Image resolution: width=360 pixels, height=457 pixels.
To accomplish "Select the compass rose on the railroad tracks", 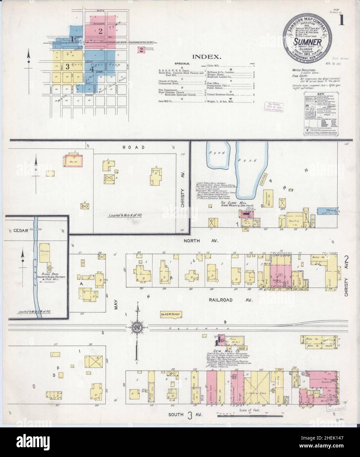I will (x=137, y=327).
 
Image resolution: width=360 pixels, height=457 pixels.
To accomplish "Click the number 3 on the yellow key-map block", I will (x=67, y=67).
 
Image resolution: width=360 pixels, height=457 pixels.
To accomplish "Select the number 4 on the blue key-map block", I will (x=93, y=69).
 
